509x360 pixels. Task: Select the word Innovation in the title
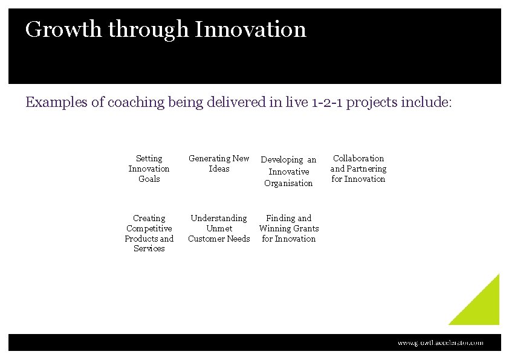point(250,30)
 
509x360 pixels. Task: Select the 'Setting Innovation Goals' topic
point(149,169)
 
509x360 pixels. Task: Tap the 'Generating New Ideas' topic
point(219,164)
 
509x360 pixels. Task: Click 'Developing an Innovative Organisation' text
point(288,172)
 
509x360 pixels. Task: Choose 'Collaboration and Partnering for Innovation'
point(358,169)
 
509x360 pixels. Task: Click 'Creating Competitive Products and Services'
point(149,233)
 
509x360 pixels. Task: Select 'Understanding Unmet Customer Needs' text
point(219,228)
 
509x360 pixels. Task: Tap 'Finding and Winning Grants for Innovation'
point(289,228)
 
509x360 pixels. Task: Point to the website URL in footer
point(440,342)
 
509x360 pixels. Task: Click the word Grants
point(305,228)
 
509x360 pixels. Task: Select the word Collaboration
point(358,158)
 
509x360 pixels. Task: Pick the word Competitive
point(149,228)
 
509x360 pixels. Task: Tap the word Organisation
point(288,183)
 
